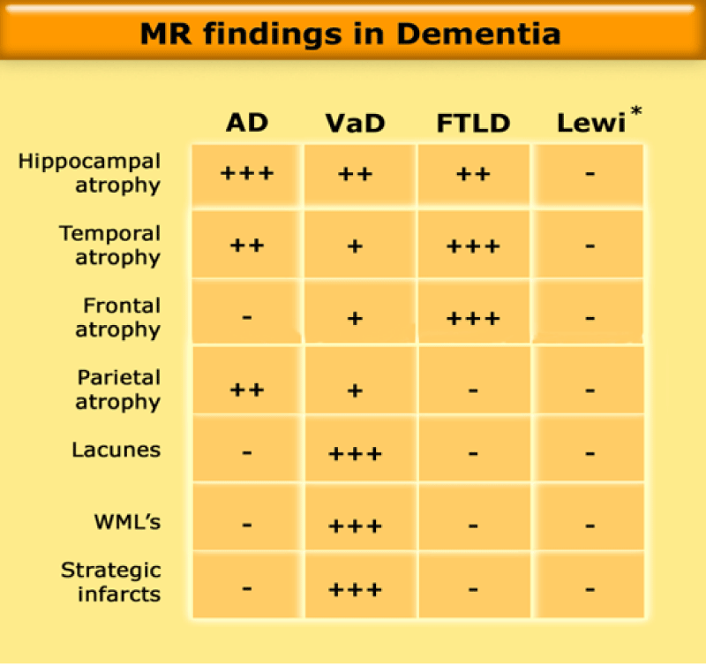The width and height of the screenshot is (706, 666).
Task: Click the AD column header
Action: click(x=247, y=123)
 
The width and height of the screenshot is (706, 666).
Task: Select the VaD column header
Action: click(x=356, y=123)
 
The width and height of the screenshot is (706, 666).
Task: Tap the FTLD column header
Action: click(x=473, y=123)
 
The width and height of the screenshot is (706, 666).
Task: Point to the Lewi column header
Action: click(x=591, y=123)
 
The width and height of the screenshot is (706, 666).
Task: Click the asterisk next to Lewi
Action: click(x=636, y=110)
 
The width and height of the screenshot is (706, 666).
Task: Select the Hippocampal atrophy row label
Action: click(x=89, y=173)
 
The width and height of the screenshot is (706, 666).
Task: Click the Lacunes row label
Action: click(x=116, y=450)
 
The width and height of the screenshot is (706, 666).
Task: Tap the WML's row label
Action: click(x=127, y=522)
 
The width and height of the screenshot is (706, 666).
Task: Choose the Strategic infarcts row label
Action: click(x=111, y=582)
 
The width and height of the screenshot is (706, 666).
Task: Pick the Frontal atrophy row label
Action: click(x=118, y=318)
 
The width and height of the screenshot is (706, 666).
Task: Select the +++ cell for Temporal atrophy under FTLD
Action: click(x=473, y=246)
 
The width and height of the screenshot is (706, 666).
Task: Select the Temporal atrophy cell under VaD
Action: click(x=356, y=246)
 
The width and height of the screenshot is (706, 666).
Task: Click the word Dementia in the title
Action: click(x=478, y=34)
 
